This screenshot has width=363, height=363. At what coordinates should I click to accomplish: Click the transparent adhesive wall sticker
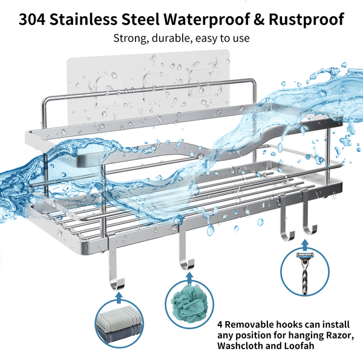148,76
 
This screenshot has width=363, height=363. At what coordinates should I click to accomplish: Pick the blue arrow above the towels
119,298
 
